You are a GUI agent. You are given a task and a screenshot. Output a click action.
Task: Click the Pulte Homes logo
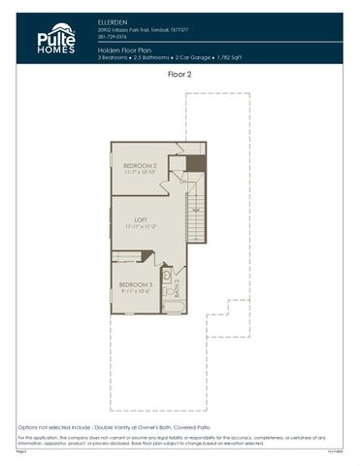[x=56, y=38]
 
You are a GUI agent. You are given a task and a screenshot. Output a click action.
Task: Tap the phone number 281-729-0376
[x=113, y=36]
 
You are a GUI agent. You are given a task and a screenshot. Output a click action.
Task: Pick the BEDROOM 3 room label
[x=136, y=283]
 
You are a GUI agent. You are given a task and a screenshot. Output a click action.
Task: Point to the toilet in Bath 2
[x=167, y=276]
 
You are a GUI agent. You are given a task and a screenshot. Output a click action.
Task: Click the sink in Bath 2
[x=167, y=291]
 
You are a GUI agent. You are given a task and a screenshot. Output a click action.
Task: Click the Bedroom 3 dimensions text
[x=136, y=290]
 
